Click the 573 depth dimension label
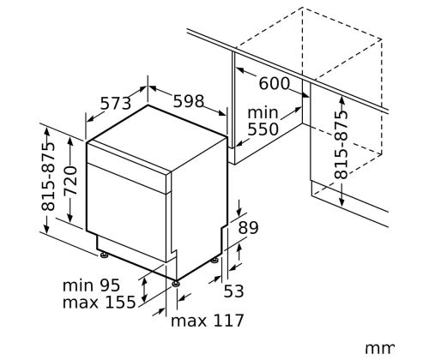pyautogui.click(x=116, y=103)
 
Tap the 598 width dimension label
pyautogui.click(x=189, y=101)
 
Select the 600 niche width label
pyautogui.click(x=275, y=84)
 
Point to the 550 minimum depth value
pyautogui.click(x=263, y=129)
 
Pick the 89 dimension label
pyautogui.click(x=248, y=228)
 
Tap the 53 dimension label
pyautogui.click(x=233, y=291)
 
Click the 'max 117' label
pyautogui.click(x=207, y=321)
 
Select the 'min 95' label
pyautogui.click(x=91, y=285)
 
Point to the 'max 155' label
pyautogui.click(x=99, y=303)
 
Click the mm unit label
pyautogui.click(x=380, y=349)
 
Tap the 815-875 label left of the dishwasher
pyautogui.click(x=48, y=176)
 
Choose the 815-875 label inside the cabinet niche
pyautogui.click(x=341, y=145)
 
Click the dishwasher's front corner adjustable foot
pyautogui.click(x=176, y=284)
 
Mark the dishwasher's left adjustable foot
pyautogui.click(x=103, y=255)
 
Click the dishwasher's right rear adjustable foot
pyautogui.click(x=214, y=260)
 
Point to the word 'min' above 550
pyautogui.click(x=263, y=112)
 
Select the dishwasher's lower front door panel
pyautogui.click(x=126, y=213)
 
